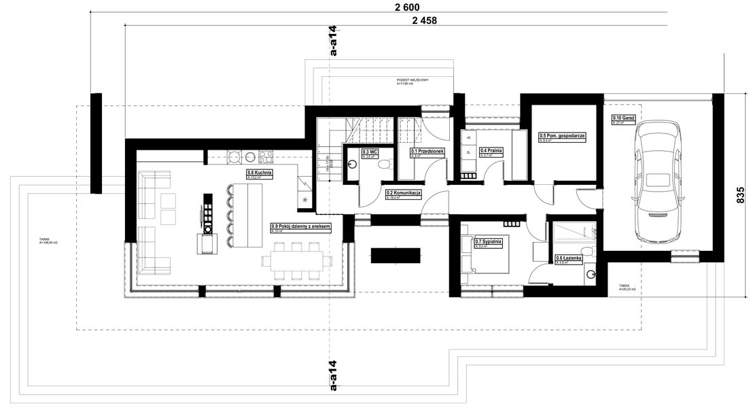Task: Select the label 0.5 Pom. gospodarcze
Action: click(x=562, y=135)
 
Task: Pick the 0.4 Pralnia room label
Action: click(x=491, y=150)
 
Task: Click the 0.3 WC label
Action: click(x=370, y=152)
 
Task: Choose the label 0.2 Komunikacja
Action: click(x=404, y=193)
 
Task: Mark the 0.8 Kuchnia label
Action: click(x=259, y=173)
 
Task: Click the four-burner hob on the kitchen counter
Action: click(x=265, y=156)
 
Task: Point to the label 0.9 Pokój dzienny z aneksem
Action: click(x=300, y=226)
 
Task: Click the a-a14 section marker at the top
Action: click(x=333, y=42)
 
